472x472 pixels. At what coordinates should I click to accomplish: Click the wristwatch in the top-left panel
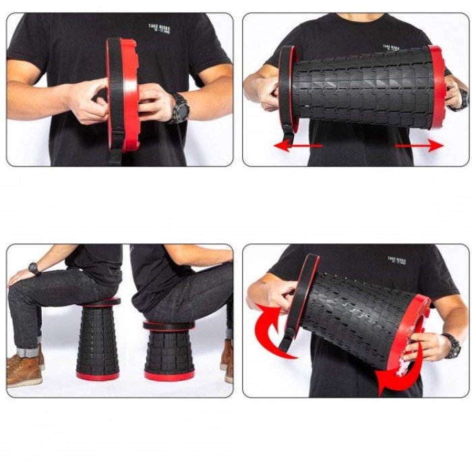click(x=179, y=108)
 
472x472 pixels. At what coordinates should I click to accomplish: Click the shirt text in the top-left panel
click(x=160, y=30)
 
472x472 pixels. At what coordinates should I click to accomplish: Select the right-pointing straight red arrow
click(x=419, y=144)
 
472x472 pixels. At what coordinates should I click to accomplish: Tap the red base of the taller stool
click(x=98, y=375)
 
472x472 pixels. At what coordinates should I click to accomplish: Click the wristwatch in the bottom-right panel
click(x=450, y=347)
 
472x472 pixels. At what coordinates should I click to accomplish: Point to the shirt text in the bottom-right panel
click(x=397, y=260)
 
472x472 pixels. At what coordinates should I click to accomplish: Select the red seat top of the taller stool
click(x=98, y=302)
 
